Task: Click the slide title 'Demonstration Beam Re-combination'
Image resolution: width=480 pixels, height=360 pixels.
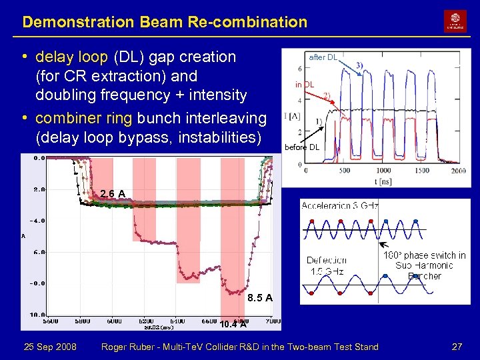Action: (x=165, y=22)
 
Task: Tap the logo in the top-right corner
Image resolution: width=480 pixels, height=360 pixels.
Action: (x=455, y=21)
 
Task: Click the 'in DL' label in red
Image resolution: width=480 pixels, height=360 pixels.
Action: (x=305, y=85)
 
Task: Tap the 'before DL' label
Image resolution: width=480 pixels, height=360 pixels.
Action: (x=302, y=147)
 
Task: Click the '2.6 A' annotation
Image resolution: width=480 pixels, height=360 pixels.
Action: (x=113, y=194)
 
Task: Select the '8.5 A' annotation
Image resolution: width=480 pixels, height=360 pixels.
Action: (x=259, y=298)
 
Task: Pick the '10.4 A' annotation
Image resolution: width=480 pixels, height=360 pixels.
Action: (x=233, y=325)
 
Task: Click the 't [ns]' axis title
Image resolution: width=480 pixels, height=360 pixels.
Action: (x=383, y=181)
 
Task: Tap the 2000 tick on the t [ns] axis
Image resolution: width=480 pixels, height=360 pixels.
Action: (x=458, y=171)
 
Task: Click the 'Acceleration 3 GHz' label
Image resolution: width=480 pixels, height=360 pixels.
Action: (x=339, y=206)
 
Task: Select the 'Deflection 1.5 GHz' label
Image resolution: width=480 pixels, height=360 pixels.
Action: (x=327, y=266)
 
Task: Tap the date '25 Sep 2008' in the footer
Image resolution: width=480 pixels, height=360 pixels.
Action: (x=50, y=347)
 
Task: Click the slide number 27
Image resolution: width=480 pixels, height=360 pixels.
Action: (x=457, y=347)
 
